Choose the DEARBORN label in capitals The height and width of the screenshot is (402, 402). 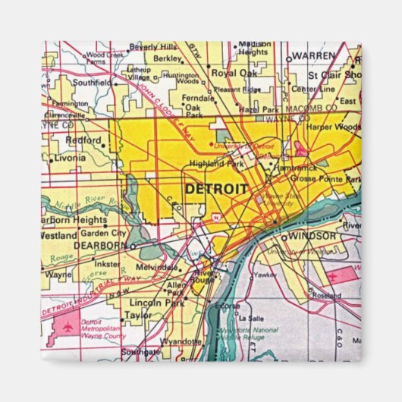(x=100, y=247)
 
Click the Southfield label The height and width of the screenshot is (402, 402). (x=92, y=81)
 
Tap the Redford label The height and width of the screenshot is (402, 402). (x=83, y=140)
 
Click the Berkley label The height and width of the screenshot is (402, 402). (x=168, y=58)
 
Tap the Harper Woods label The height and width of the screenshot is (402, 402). (x=334, y=127)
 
